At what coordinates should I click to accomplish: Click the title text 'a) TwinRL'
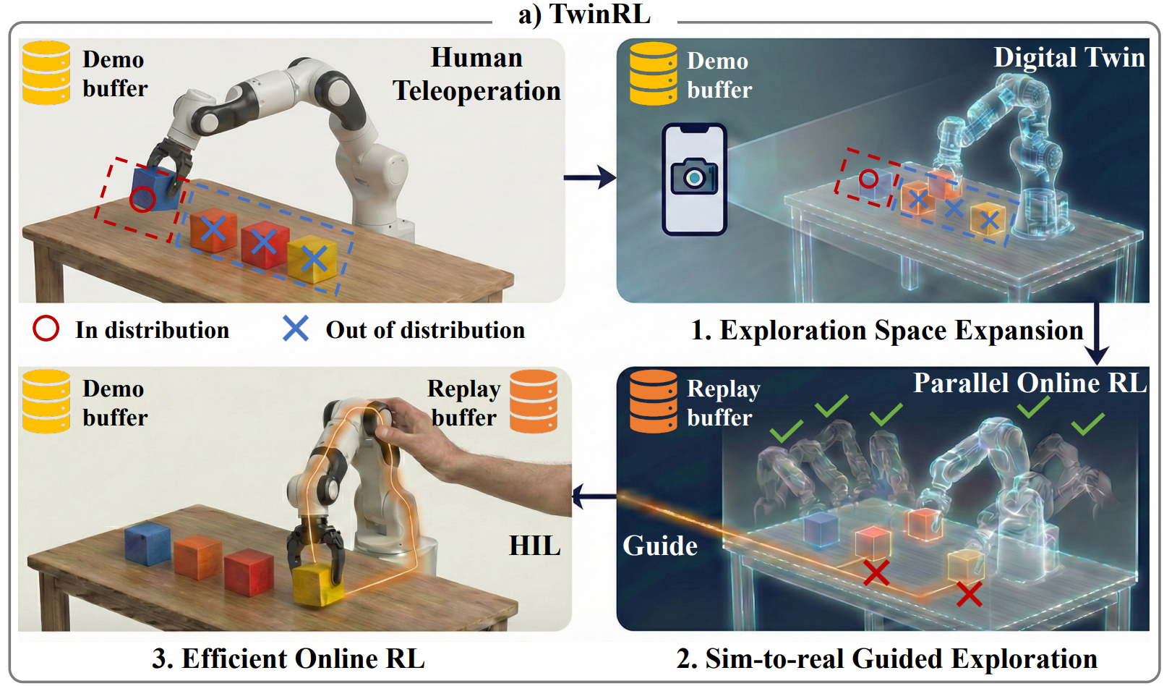point(584,14)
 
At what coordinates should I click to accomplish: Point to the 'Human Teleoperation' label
point(476,75)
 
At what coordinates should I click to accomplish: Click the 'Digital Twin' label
point(1069,57)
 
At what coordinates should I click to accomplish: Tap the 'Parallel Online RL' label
point(1030,383)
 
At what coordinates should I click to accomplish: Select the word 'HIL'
point(534,546)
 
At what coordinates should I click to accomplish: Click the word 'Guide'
point(660,546)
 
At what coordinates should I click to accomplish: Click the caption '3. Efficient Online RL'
point(288,659)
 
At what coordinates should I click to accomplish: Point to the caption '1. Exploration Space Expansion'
point(886,330)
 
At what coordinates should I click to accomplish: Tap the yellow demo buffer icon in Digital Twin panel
point(653,74)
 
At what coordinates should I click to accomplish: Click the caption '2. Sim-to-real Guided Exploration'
point(886,659)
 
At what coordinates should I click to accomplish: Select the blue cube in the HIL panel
point(147,543)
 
